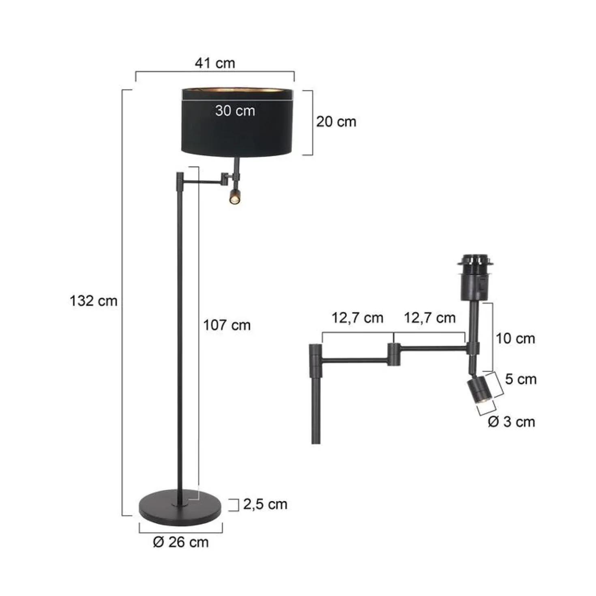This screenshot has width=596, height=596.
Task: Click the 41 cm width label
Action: click(x=214, y=63)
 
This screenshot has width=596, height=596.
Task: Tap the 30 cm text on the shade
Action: click(x=235, y=110)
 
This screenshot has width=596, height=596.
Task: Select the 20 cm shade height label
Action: click(x=336, y=122)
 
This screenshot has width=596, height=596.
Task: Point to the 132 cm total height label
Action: click(x=93, y=300)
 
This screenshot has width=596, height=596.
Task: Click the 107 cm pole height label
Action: click(x=227, y=326)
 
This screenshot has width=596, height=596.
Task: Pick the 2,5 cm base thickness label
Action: click(x=265, y=504)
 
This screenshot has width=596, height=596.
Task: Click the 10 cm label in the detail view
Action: click(x=515, y=339)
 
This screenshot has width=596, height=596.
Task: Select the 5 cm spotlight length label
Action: click(x=521, y=379)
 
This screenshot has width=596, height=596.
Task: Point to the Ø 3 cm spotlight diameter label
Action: click(x=511, y=422)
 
